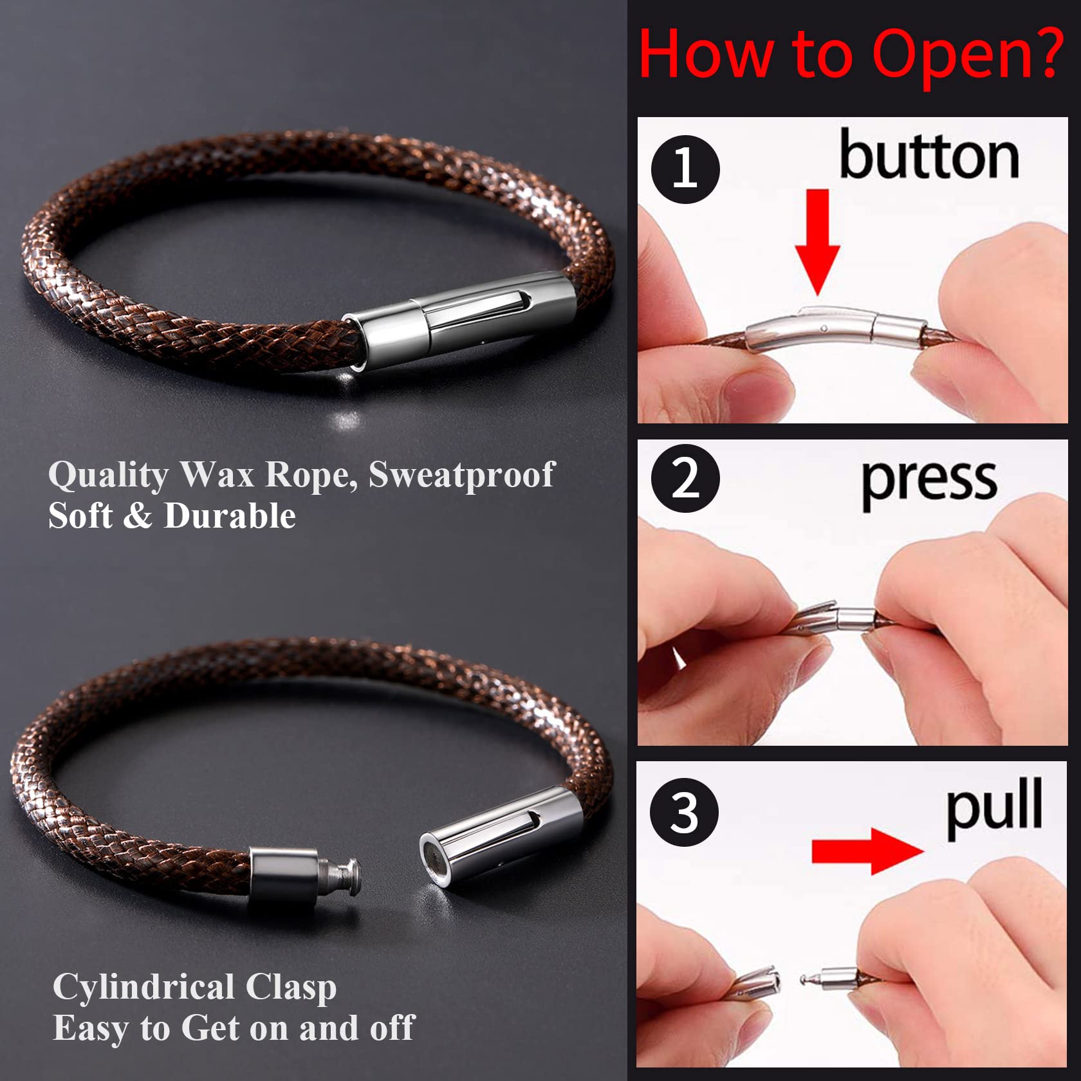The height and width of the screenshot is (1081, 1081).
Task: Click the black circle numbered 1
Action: click(x=685, y=169)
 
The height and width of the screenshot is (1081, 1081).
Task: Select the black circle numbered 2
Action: click(x=685, y=478)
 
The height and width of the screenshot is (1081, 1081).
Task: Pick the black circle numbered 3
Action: click(x=684, y=812)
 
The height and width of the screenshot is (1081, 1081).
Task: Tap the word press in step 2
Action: click(x=929, y=483)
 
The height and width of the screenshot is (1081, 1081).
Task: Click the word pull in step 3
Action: click(x=994, y=807)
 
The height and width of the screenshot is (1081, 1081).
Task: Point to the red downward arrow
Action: click(x=817, y=242)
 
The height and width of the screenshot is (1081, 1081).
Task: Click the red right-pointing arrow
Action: click(x=867, y=851)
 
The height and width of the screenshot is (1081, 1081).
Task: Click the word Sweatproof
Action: click(x=461, y=475)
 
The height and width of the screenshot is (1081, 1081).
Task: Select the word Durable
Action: click(x=230, y=516)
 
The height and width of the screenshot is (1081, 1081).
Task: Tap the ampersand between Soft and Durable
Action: click(x=136, y=517)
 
